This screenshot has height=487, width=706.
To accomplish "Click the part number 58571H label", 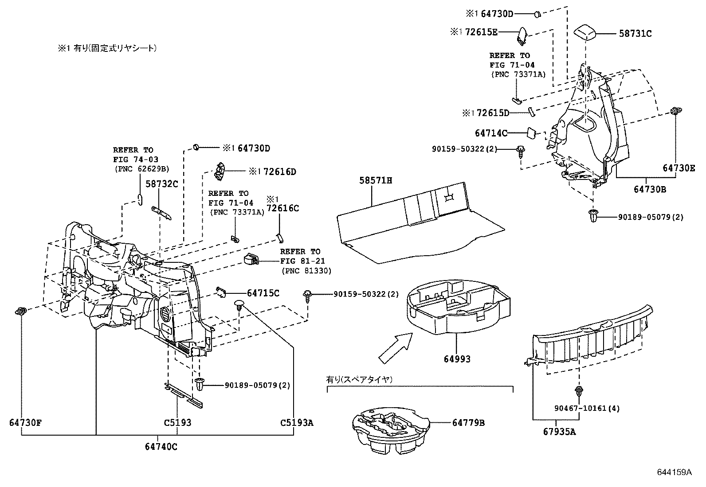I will (x=376, y=181).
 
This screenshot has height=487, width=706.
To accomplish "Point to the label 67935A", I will (x=559, y=432).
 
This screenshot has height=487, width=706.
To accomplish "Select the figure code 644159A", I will (x=674, y=472).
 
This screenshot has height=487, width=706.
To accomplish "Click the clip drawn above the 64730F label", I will (x=21, y=311).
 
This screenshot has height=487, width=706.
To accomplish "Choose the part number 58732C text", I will (x=162, y=184).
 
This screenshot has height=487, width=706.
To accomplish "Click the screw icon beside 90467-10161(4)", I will (x=579, y=392).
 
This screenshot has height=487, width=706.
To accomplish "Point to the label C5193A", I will (x=297, y=423).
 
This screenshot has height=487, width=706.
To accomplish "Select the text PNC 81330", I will (x=306, y=271).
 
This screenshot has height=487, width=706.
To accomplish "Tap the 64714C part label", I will (x=491, y=132).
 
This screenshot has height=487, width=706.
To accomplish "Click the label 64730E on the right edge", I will (x=679, y=168).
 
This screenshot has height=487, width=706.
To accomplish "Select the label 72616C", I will (x=282, y=208).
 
